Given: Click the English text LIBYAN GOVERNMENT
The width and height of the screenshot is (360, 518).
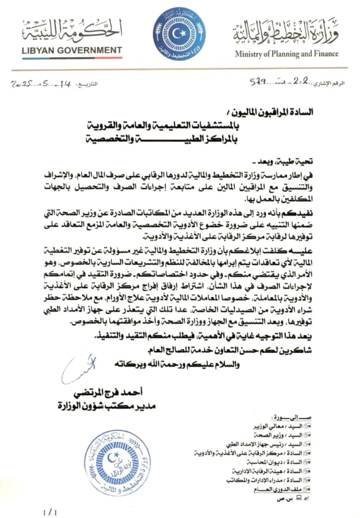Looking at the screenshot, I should [x=72, y=50].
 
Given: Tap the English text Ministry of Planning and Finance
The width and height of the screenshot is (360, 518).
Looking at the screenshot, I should [x=287, y=54].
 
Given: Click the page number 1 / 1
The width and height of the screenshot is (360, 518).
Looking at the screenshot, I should [x=49, y=513].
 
